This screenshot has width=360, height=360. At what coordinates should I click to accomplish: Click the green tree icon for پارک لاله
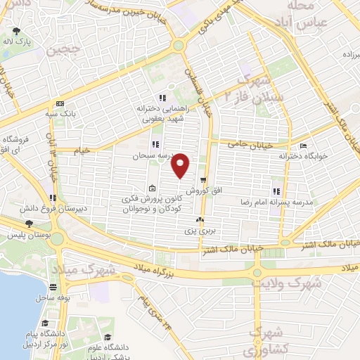click(18, 32)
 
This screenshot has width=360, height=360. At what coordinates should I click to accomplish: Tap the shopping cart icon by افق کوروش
click(203, 181)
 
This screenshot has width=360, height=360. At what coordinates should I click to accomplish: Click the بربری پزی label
click(199, 231)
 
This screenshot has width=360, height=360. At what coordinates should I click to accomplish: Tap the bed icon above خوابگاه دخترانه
click(303, 146)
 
